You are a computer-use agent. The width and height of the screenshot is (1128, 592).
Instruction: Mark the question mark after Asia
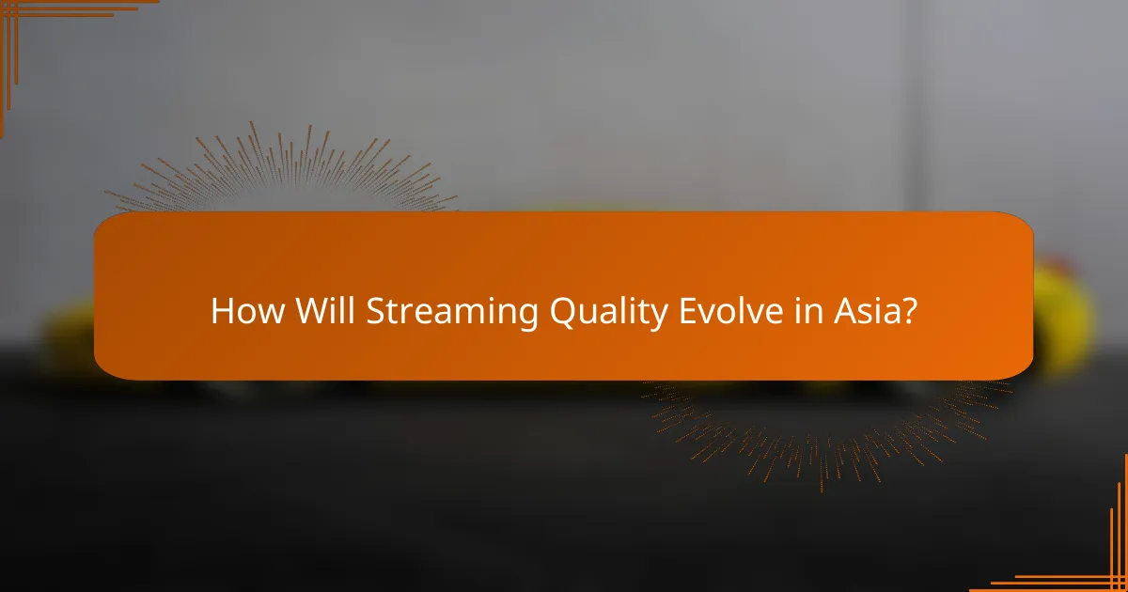(908, 311)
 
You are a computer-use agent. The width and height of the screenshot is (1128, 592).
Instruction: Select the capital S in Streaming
(374, 311)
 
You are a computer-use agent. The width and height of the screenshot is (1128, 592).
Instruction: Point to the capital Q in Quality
(536, 311)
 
